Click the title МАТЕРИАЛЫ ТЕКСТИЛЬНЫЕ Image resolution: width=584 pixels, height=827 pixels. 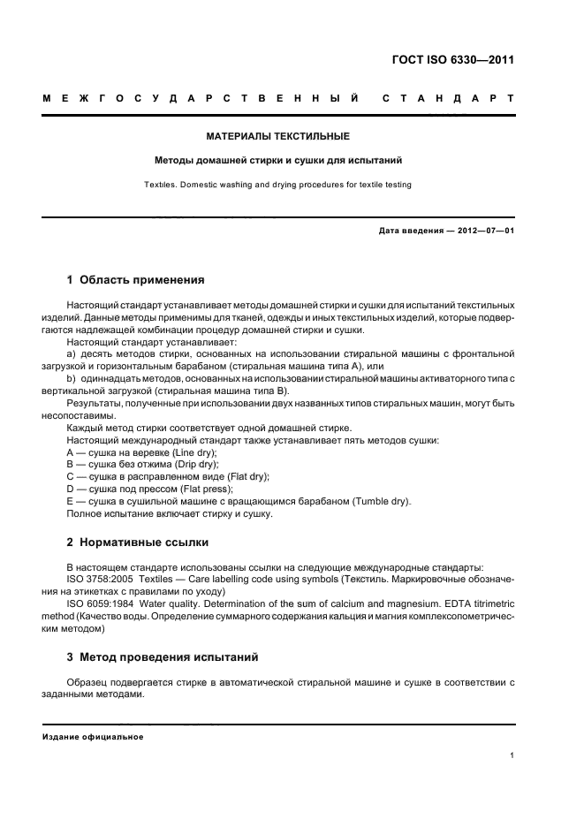(277, 137)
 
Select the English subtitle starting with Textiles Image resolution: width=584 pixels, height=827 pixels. (277, 185)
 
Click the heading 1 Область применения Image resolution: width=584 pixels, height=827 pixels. (136, 280)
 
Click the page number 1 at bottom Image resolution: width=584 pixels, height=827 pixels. (512, 755)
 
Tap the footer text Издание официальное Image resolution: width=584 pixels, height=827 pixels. (93, 736)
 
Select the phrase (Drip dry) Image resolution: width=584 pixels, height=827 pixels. (196, 464)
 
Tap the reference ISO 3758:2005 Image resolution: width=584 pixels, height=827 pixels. (93, 579)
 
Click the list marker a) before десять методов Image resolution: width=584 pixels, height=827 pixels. (72, 353)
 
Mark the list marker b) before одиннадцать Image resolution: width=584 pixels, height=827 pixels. (72, 378)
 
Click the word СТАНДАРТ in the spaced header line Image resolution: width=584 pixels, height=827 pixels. (449, 97)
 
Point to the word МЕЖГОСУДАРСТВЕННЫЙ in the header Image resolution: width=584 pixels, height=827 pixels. (200, 97)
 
